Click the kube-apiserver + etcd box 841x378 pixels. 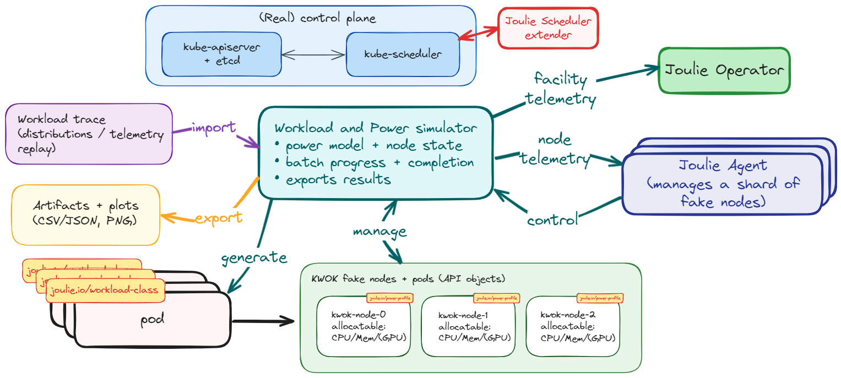pos(221,54)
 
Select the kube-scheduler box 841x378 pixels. pos(403,54)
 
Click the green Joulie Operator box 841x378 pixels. pos(724,70)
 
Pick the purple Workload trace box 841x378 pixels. pos(89,134)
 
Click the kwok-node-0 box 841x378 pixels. pos(363,327)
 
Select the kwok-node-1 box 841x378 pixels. pos(468,327)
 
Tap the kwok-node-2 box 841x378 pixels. pos(573,327)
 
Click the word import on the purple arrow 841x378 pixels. pos(214,128)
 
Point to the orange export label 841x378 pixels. pos(219,217)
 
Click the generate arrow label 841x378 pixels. pos(254,257)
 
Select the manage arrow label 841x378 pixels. pos(379,231)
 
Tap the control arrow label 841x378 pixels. pos(552,220)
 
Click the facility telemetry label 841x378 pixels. pos(561,89)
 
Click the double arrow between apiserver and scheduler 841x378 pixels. pos(313,54)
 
